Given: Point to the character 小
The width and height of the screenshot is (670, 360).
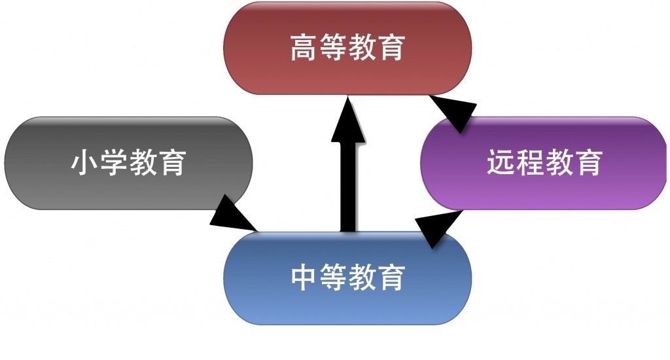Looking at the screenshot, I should pos(85,163).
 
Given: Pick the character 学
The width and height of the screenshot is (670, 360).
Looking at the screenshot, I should pos(114,163).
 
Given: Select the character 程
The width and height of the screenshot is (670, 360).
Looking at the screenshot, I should pos(530,163).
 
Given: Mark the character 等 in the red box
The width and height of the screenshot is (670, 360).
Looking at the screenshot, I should pos(333,48).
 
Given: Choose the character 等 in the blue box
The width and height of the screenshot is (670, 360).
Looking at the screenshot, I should pos(333,278).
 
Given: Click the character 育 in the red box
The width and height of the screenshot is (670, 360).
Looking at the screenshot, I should pos(391,48).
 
